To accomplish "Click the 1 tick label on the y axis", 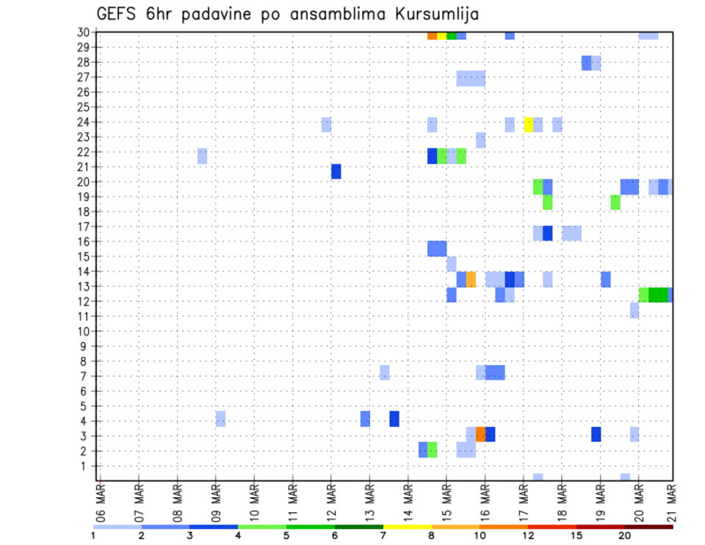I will point(86,466).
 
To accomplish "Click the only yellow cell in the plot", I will point(528,125).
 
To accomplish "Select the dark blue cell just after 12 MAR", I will point(336,171).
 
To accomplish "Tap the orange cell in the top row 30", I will point(432,35).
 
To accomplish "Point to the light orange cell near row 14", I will point(471,279).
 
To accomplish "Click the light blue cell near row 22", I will point(202,156).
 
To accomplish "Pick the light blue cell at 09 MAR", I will point(220,419).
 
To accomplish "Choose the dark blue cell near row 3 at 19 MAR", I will point(596,434).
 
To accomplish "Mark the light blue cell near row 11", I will point(634,311).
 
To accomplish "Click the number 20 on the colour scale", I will point(625,535).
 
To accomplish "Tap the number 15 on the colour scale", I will point(577,535).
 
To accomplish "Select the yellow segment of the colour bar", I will point(407,526).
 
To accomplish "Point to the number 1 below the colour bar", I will point(94,535).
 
